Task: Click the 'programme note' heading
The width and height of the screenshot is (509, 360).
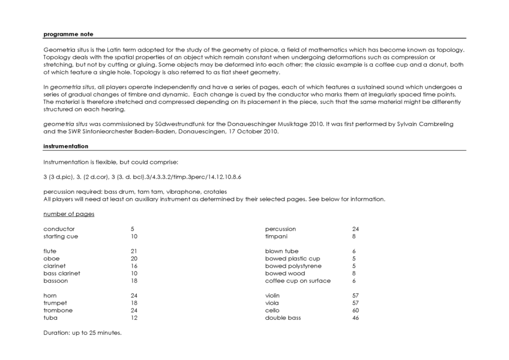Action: click(68, 34)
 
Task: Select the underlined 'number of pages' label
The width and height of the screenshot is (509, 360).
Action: click(68, 214)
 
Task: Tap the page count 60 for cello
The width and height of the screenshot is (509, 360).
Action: click(355, 310)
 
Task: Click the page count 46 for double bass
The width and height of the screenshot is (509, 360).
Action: click(355, 317)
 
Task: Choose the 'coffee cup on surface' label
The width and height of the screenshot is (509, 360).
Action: click(298, 281)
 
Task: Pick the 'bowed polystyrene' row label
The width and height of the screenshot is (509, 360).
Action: click(293, 266)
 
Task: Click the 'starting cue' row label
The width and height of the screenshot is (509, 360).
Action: click(61, 236)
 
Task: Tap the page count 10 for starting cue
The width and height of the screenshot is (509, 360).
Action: click(134, 236)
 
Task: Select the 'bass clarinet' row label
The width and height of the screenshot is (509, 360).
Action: click(62, 273)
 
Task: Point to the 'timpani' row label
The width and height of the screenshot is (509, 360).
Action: click(277, 236)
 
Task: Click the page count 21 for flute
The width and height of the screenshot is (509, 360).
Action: click(134, 251)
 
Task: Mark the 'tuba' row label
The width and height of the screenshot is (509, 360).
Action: click(50, 317)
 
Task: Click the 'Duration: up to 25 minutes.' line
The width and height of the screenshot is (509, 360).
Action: click(82, 332)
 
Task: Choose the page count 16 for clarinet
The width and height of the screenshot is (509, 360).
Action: click(134, 266)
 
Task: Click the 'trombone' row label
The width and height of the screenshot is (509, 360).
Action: click(58, 310)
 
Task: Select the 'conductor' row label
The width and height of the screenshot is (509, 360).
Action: click(59, 229)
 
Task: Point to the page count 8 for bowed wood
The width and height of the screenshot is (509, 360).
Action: click(354, 273)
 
